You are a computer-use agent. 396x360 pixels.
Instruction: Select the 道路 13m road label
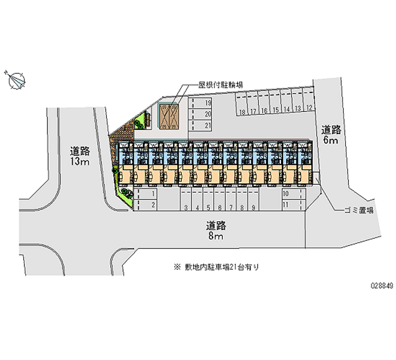[x=80, y=156]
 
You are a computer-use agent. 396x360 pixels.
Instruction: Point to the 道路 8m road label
[x=216, y=231]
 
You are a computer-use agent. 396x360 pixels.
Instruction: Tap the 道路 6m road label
[x=331, y=135]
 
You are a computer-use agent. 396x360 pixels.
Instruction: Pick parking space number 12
[x=308, y=107]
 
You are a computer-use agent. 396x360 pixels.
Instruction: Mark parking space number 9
[x=253, y=207]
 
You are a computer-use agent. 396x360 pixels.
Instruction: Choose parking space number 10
[x=286, y=193]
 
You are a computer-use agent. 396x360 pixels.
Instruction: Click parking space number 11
[x=286, y=204]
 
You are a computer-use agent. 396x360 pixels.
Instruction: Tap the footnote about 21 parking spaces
[x=216, y=266]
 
